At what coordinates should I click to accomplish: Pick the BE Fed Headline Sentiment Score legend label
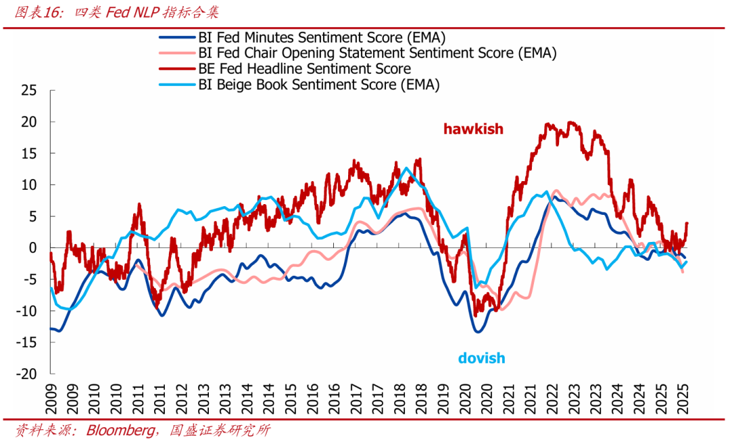[x=304, y=69]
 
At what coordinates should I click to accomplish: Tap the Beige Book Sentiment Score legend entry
[x=318, y=84]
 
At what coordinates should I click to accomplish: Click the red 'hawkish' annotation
[x=473, y=128]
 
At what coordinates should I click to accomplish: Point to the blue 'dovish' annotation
[x=481, y=358]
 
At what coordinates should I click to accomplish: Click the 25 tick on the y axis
[x=28, y=91]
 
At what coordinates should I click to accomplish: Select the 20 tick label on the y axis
[x=28, y=122]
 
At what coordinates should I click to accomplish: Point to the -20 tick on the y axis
[x=26, y=374]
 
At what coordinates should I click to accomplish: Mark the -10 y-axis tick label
[x=26, y=311]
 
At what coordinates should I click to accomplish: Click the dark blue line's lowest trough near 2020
[x=478, y=331]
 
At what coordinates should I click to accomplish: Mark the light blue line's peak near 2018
[x=406, y=168]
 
